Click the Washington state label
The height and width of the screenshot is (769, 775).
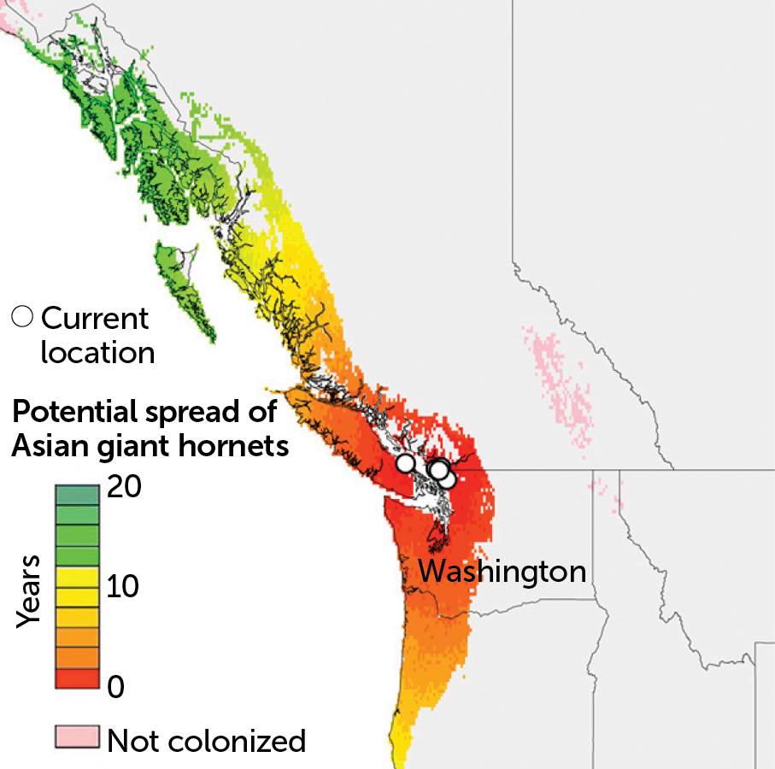click(x=502, y=571)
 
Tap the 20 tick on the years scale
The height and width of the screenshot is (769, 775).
click(x=123, y=489)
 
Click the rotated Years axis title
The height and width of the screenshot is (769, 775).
click(x=31, y=590)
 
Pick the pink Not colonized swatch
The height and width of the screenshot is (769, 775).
click(x=78, y=737)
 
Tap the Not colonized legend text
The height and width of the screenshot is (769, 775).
click(x=206, y=740)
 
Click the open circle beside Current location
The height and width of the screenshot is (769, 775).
click(x=23, y=317)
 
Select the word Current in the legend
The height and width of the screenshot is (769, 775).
click(x=95, y=319)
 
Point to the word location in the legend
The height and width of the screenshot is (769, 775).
click(x=97, y=352)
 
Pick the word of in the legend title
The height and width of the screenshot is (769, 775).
click(x=263, y=413)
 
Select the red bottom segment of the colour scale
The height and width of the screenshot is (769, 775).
click(x=78, y=677)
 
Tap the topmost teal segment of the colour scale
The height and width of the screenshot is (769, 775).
click(x=78, y=494)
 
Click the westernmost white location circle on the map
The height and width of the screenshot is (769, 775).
click(x=406, y=463)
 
